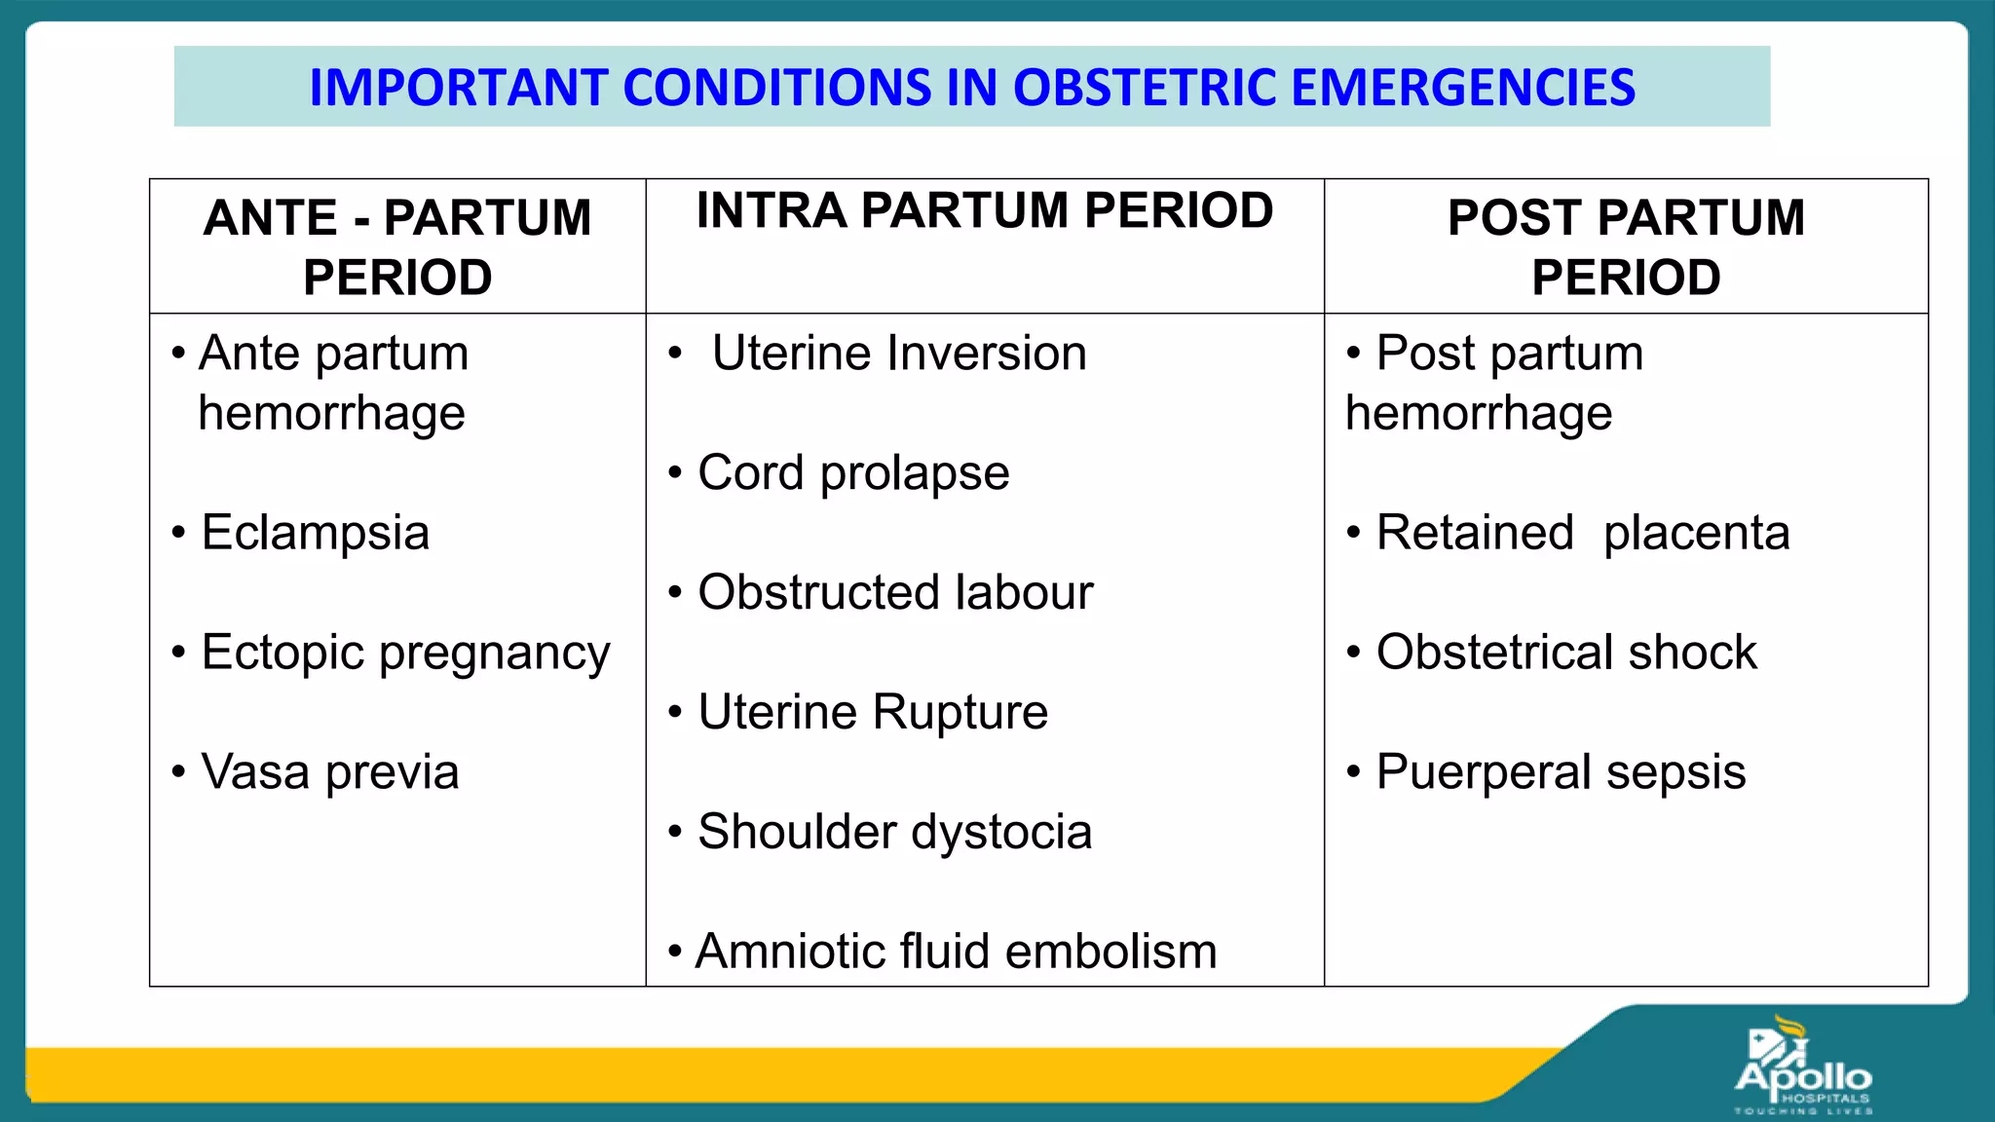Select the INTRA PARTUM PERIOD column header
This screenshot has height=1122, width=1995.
[x=984, y=211]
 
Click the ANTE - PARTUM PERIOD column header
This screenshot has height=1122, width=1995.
[x=397, y=246]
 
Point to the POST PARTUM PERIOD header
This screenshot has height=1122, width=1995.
[x=1625, y=246]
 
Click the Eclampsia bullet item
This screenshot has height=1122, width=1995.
[x=315, y=533]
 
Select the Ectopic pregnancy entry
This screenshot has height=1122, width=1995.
[x=405, y=653]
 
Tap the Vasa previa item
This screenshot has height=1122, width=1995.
[x=329, y=772]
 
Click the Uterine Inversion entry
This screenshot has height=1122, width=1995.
[x=898, y=353]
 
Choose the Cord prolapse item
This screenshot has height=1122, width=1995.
[x=853, y=473]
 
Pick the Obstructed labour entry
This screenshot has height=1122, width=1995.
[x=895, y=592]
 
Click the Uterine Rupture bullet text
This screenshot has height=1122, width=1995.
[x=873, y=712]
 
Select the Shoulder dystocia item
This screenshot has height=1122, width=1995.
[x=894, y=832]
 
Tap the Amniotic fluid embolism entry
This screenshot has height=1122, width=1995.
[x=956, y=952]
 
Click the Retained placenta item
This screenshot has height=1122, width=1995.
[x=1582, y=533]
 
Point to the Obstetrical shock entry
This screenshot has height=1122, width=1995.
[x=1566, y=653]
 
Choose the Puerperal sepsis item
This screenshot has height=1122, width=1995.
[x=1561, y=772]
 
